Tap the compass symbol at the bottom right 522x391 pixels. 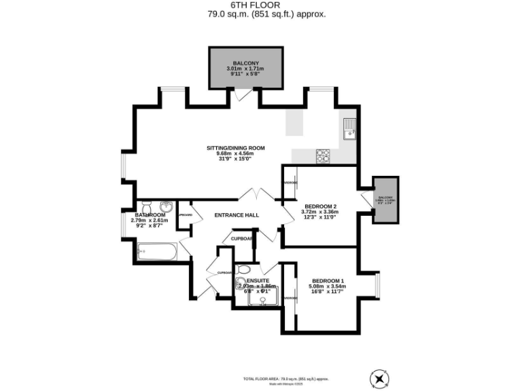378,378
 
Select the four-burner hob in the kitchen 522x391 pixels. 323,155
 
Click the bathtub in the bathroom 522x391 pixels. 156,253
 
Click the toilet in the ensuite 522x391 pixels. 243,269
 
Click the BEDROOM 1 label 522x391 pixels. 328,280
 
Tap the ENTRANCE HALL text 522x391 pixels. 237,215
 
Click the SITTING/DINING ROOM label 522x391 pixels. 236,148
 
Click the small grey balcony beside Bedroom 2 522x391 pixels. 385,200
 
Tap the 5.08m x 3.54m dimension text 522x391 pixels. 328,286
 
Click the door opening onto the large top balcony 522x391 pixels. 243,95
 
